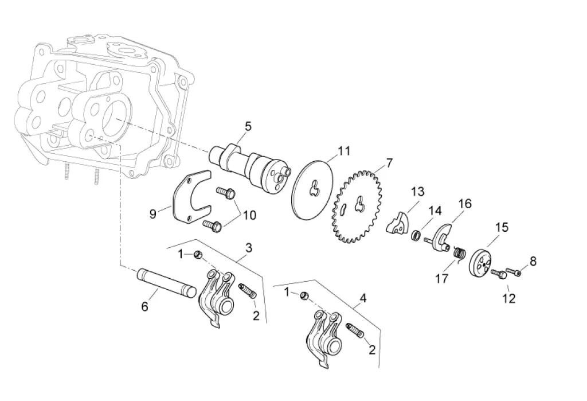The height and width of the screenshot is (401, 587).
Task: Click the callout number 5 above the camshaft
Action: tap(248, 126)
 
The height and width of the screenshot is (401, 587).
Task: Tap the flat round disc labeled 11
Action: tap(313, 189)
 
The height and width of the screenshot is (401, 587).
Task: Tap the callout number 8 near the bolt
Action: tap(533, 262)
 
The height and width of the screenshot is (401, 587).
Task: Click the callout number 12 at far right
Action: tap(509, 298)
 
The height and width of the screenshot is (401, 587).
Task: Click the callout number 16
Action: tap(464, 204)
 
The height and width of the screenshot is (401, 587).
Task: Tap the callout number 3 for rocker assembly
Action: tap(248, 247)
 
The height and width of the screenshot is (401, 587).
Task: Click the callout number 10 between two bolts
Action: tap(250, 216)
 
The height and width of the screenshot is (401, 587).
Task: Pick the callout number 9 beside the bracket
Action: tap(153, 214)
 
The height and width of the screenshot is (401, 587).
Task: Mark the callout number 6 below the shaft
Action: tap(144, 307)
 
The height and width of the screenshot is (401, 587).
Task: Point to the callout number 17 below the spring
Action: tap(441, 279)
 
